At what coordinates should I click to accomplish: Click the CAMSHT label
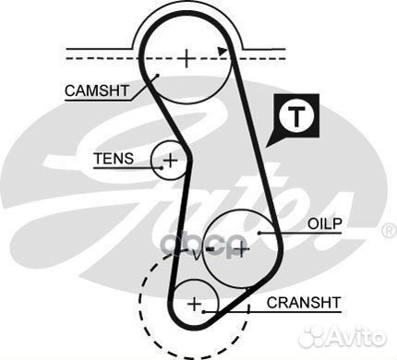97,90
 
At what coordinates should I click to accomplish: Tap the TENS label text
114,159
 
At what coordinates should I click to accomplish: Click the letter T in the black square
295,117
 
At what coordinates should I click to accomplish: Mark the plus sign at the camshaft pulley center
186,58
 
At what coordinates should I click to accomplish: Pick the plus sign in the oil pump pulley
242,247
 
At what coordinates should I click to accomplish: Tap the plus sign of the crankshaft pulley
194,303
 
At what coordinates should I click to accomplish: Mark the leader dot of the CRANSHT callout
225,309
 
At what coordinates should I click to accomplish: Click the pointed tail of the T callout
267,147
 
